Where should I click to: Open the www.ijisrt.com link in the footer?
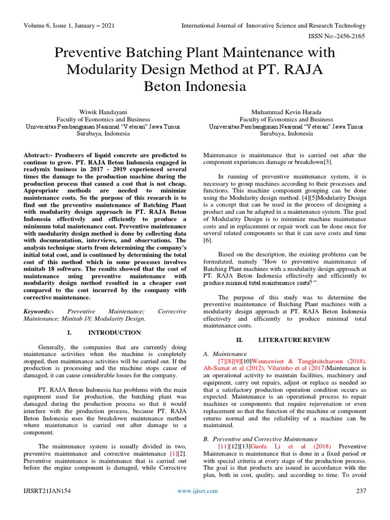point(198,491)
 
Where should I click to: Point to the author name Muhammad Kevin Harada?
point(286,111)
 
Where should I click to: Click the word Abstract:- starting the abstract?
point(40,155)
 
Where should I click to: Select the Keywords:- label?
point(39,310)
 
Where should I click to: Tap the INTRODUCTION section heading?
point(114,333)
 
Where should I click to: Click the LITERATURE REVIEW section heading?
point(294,340)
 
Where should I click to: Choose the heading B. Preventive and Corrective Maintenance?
point(260,438)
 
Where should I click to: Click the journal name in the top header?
point(274,26)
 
